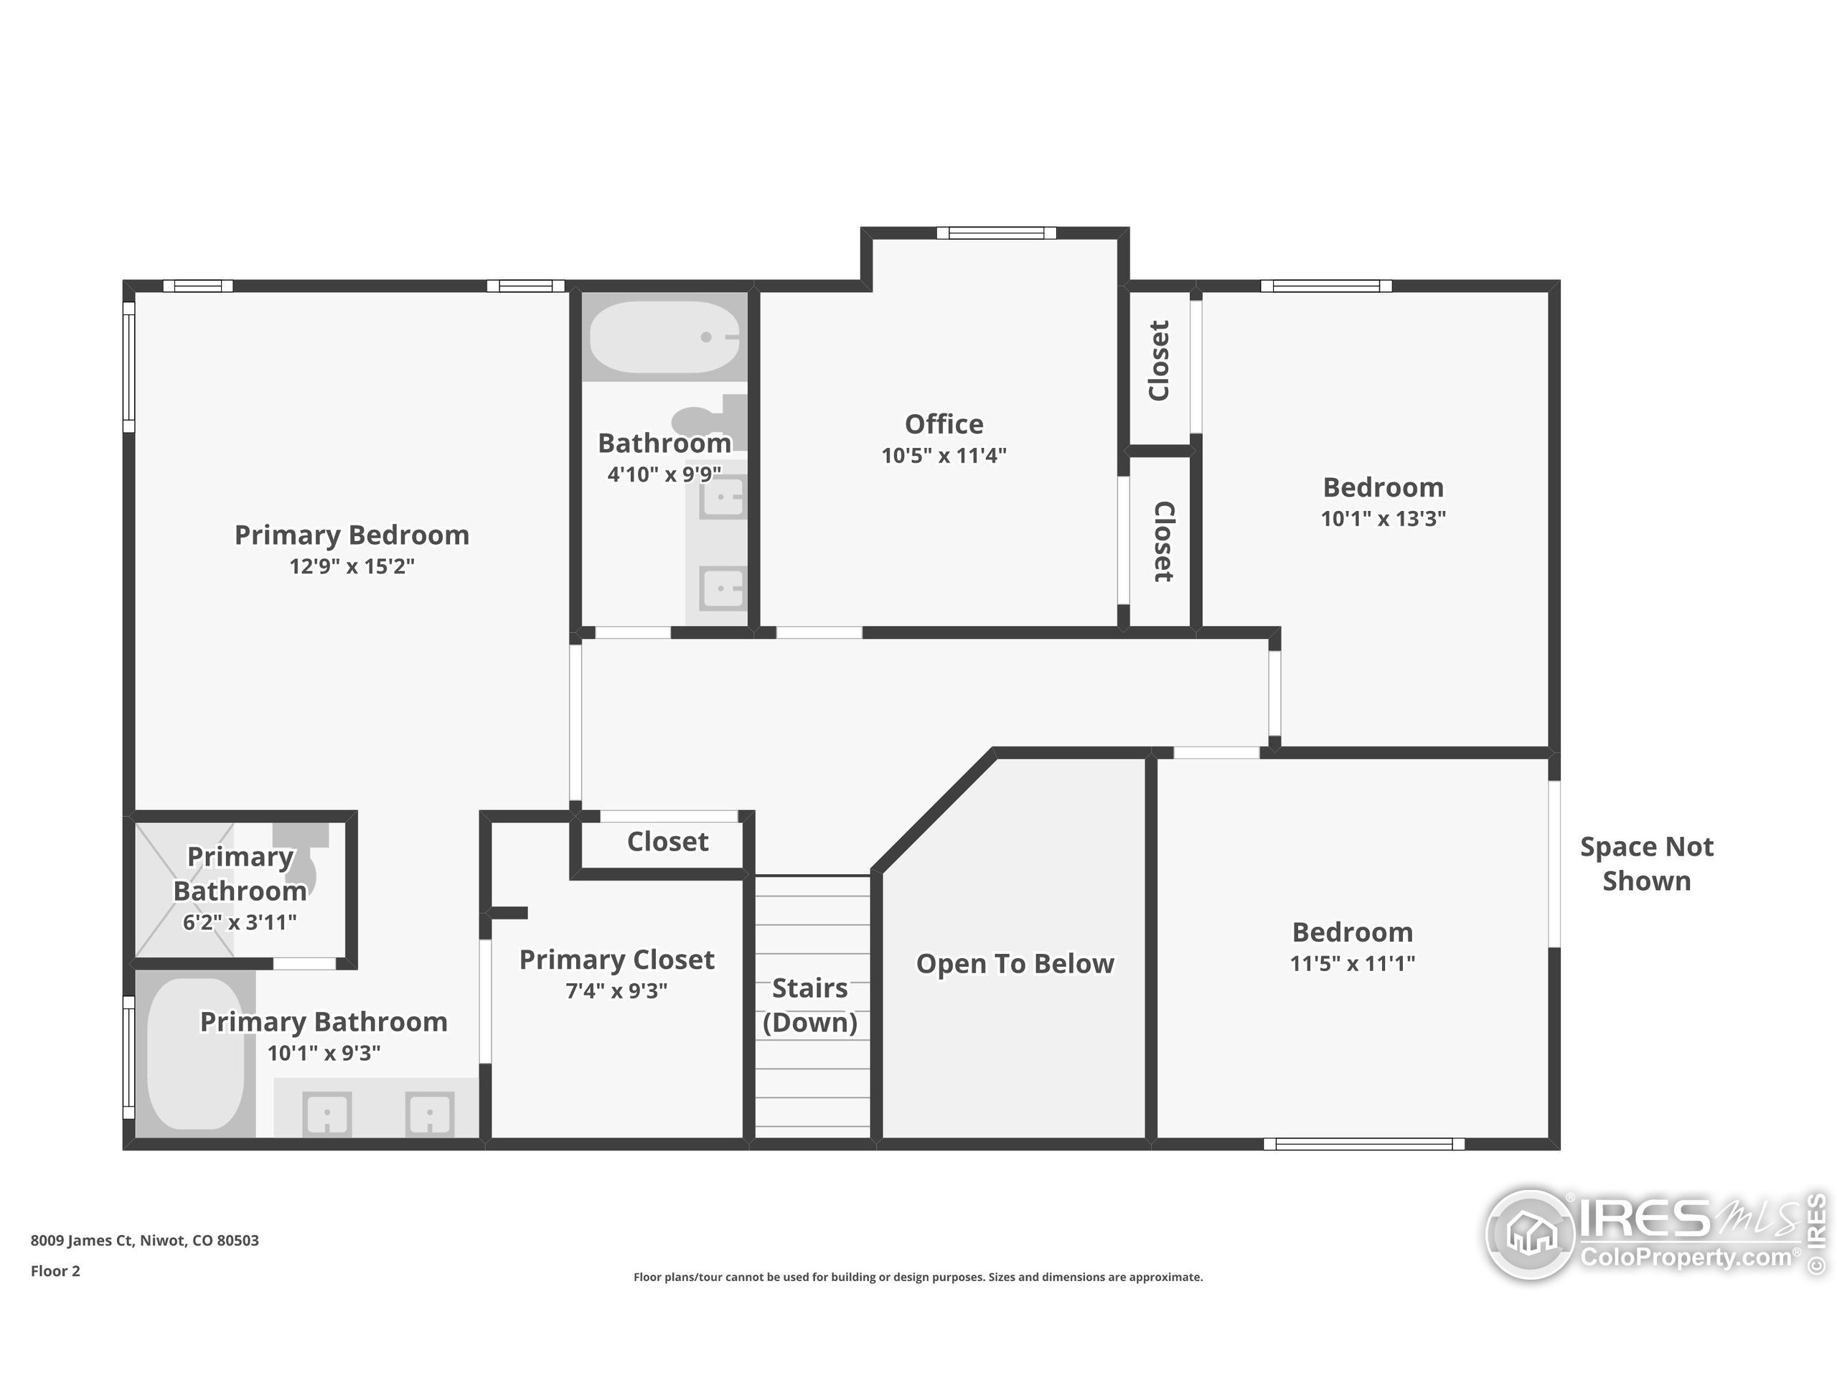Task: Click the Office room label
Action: coord(944,424)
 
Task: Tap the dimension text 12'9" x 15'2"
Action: coord(352,566)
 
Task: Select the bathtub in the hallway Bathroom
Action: coord(664,337)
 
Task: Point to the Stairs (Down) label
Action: coord(809,1005)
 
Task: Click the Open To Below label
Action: coord(1015,963)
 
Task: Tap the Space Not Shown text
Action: coord(1646,864)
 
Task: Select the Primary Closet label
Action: coord(616,960)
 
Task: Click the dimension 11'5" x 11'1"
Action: coord(1352,963)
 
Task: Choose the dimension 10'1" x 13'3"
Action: coord(1383,518)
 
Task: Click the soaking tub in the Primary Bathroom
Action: coord(196,1053)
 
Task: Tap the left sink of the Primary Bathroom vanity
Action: coord(327,1114)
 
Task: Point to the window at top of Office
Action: coord(996,233)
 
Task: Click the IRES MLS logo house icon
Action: coord(1530,1234)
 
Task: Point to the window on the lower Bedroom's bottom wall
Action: coord(1363,1144)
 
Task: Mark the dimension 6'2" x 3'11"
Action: coord(239,922)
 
